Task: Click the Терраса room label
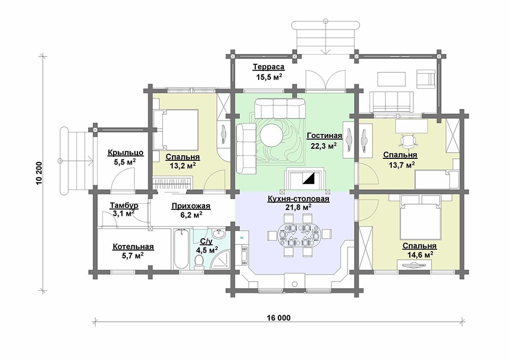[268, 67]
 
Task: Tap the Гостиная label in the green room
[324, 135]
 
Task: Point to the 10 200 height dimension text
[39, 173]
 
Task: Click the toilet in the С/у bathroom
[199, 262]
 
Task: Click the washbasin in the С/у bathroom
[219, 234]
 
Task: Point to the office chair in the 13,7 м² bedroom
[408, 140]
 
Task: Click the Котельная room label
[133, 247]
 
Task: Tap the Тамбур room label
[124, 206]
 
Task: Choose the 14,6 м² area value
[420, 255]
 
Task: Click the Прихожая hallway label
[191, 206]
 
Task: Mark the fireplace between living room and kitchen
[305, 179]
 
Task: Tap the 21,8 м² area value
[299, 207]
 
